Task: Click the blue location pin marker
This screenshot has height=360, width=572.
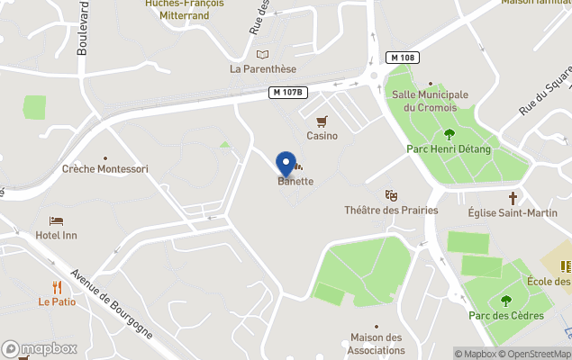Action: coord(286,163)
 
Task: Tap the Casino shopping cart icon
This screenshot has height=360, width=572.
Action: coord(322,121)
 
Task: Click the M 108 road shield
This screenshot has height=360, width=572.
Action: coord(404,58)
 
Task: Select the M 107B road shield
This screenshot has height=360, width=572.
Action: coord(289,92)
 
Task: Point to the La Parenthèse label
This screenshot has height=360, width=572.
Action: coord(263,68)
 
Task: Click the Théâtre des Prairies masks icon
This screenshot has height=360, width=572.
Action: coord(391,194)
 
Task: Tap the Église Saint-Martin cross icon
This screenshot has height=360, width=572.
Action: coord(513,197)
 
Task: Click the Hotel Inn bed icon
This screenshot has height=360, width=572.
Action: coord(57,220)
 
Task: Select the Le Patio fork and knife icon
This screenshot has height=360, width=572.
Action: coord(57,287)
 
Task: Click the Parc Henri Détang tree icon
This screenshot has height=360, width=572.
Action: coord(449,134)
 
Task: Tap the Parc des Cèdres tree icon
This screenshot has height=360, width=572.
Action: coord(505,301)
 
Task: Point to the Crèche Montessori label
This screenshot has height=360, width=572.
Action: coord(105,168)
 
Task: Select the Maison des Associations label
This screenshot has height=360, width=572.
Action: coord(376,343)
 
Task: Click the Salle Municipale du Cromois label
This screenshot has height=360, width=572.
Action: coord(430,101)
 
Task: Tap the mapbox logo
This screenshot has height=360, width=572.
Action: coord(40,348)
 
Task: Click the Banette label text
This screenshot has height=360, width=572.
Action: coord(295,181)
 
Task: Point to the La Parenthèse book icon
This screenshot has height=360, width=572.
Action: coord(262,54)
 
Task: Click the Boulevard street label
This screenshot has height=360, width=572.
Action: coord(83,27)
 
